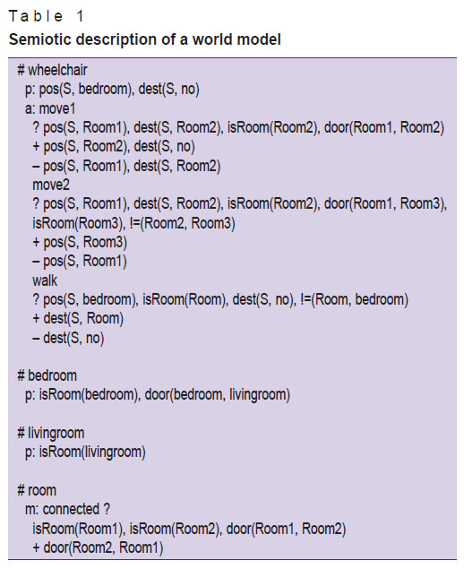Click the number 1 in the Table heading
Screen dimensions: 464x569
(x=81, y=16)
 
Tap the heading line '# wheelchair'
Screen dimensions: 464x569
(x=52, y=70)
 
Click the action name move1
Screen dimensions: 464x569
(x=57, y=108)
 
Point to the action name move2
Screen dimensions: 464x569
(x=51, y=185)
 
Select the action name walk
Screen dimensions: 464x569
(x=45, y=280)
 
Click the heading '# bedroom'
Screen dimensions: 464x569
(x=47, y=375)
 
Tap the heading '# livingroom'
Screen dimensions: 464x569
(x=51, y=433)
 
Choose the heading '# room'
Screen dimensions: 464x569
(x=37, y=490)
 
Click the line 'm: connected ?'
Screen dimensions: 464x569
(x=67, y=509)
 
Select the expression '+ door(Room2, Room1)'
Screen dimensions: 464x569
(x=98, y=547)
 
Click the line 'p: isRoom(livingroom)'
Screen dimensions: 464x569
(x=85, y=453)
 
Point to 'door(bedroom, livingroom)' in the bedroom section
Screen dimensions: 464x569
(x=218, y=395)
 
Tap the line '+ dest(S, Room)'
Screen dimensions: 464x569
(x=78, y=319)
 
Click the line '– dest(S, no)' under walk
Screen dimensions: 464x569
(x=68, y=338)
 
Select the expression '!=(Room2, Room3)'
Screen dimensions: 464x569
(x=183, y=223)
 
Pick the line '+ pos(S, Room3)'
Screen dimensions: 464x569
(x=80, y=242)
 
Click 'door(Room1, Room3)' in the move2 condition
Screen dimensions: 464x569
(x=384, y=204)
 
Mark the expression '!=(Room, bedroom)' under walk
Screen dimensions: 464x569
(x=355, y=300)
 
